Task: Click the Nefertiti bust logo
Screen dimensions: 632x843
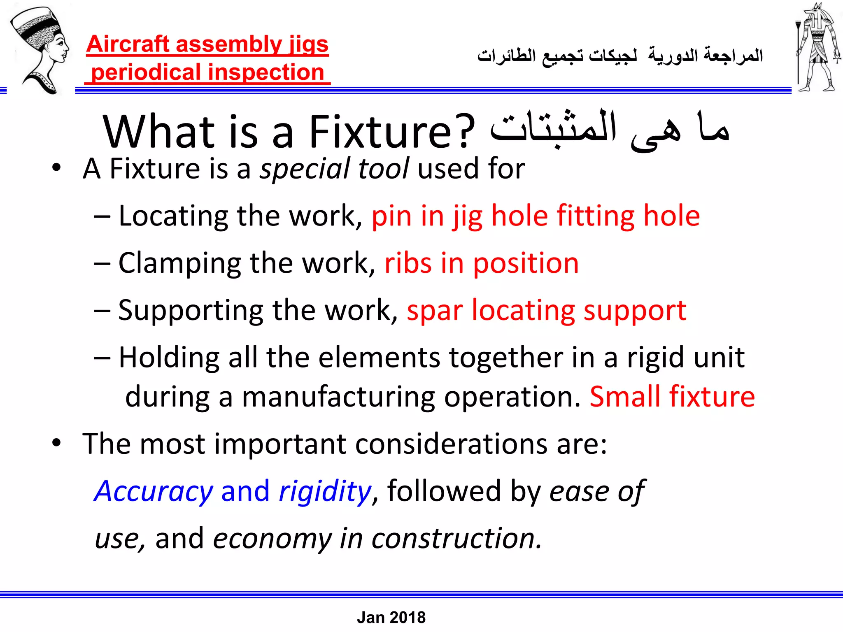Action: coord(40,49)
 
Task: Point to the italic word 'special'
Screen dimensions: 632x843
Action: coord(305,169)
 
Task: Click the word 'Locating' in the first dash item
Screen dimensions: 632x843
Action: coord(173,216)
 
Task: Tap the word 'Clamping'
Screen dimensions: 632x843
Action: coord(179,263)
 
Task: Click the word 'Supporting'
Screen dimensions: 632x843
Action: coord(191,311)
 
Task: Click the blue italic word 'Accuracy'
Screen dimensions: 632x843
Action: coord(154,491)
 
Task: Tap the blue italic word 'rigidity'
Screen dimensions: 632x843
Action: coord(325,491)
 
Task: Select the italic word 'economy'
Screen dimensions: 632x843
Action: coord(272,539)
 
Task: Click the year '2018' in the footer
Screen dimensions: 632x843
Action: coord(408,618)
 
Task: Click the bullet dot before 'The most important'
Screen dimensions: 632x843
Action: coord(56,443)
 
